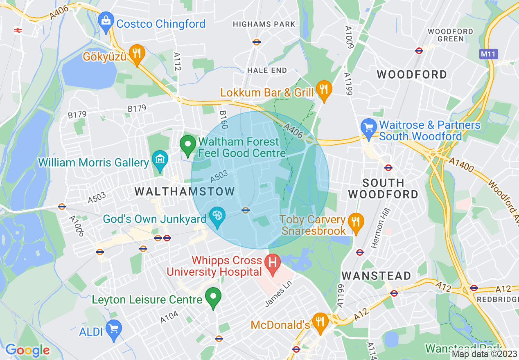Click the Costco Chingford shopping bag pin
(106, 21)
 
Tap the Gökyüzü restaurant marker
(137, 54)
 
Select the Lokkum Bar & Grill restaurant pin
(323, 90)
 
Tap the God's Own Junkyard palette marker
(217, 216)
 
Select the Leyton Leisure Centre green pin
(213, 297)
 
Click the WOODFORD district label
(412, 74)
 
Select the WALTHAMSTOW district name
(185, 191)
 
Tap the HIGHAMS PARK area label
(264, 25)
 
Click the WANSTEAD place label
(376, 276)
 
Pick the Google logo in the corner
(27, 350)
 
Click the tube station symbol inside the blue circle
(246, 210)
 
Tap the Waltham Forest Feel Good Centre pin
(188, 145)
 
